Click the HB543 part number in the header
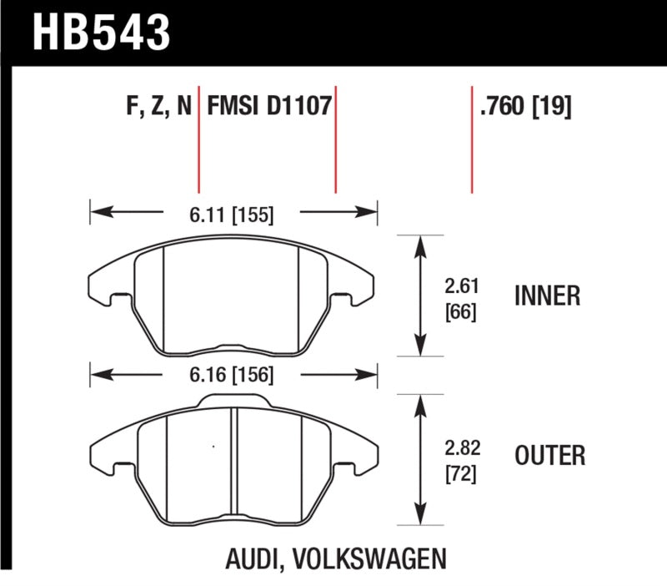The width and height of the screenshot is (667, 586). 101,32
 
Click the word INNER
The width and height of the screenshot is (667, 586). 548,296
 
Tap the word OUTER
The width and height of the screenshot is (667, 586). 550,456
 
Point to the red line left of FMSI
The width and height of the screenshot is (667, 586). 199,138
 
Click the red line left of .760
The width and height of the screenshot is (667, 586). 472,138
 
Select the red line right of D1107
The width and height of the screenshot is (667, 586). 335,138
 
